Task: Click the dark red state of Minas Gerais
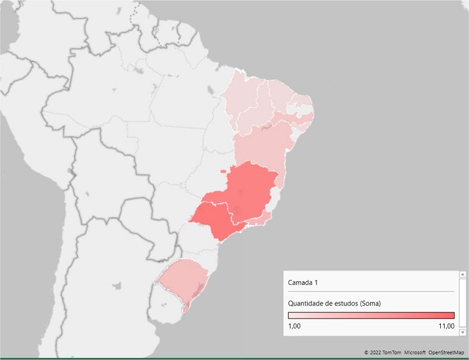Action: click(247, 191)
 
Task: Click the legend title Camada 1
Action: click(303, 283)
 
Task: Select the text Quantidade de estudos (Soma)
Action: click(335, 303)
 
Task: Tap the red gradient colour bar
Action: click(371, 315)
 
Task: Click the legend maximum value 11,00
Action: click(446, 326)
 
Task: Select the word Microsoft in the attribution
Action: click(415, 352)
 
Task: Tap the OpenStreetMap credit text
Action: click(446, 352)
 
